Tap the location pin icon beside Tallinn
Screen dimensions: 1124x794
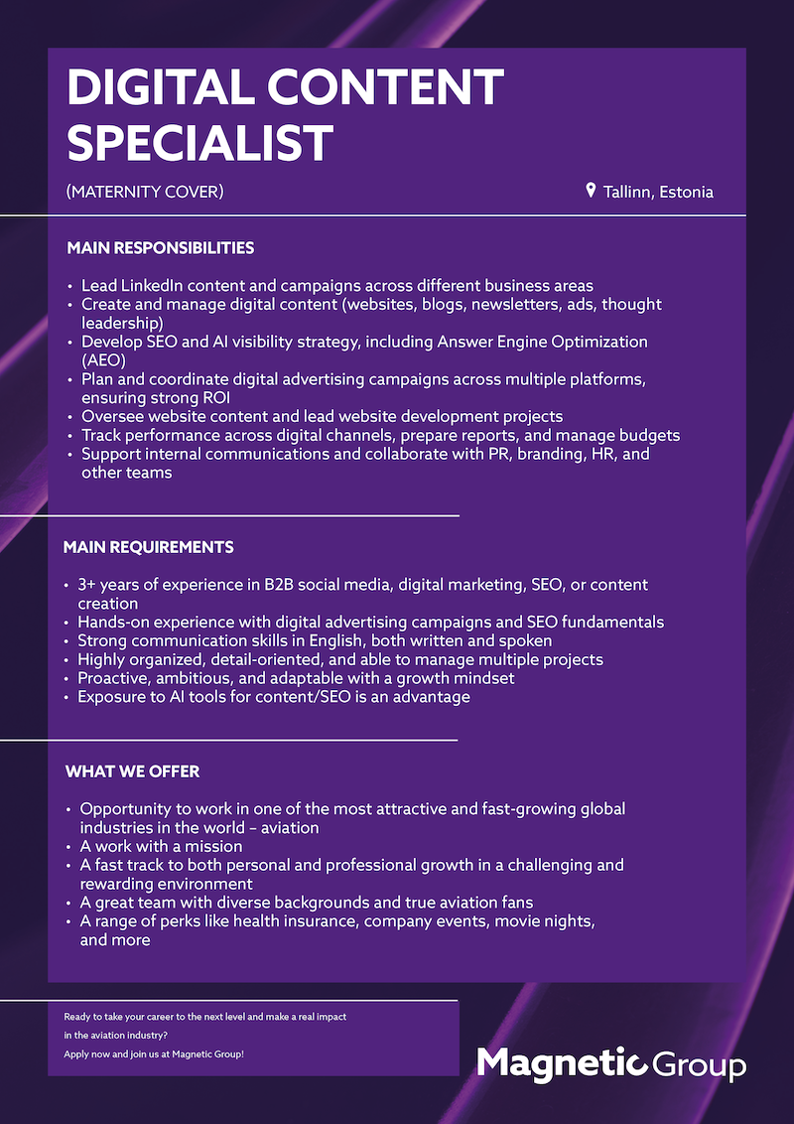(591, 191)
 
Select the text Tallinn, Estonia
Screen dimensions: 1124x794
(658, 192)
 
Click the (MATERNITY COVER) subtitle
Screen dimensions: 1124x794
(145, 192)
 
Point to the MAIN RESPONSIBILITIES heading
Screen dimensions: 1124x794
(160, 247)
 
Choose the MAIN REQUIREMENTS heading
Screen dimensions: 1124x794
(148, 547)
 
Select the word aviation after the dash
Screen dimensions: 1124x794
(289, 827)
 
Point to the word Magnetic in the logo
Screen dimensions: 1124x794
(561, 1063)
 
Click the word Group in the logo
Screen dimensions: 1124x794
(701, 1066)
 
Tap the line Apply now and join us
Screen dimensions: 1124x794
(154, 1054)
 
